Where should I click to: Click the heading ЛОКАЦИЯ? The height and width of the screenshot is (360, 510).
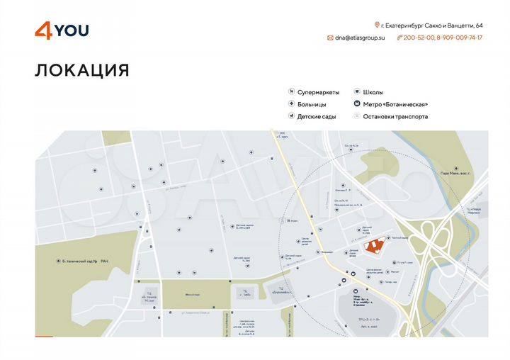(x=81, y=70)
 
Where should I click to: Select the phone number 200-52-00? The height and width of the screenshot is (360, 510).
(x=419, y=38)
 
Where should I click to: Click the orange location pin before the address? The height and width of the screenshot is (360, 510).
(x=377, y=25)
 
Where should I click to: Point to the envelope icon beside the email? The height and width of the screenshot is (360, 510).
(x=330, y=38)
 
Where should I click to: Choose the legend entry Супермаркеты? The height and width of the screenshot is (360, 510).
(x=318, y=92)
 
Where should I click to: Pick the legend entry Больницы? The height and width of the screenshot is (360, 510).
(x=312, y=104)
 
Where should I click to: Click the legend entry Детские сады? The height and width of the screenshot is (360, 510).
(x=316, y=116)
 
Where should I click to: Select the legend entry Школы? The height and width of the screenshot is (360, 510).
(x=373, y=92)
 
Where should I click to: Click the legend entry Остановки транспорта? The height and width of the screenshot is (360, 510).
(x=395, y=116)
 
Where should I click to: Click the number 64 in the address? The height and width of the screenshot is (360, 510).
(x=479, y=25)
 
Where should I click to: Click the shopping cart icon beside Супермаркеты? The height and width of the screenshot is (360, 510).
(x=291, y=92)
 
